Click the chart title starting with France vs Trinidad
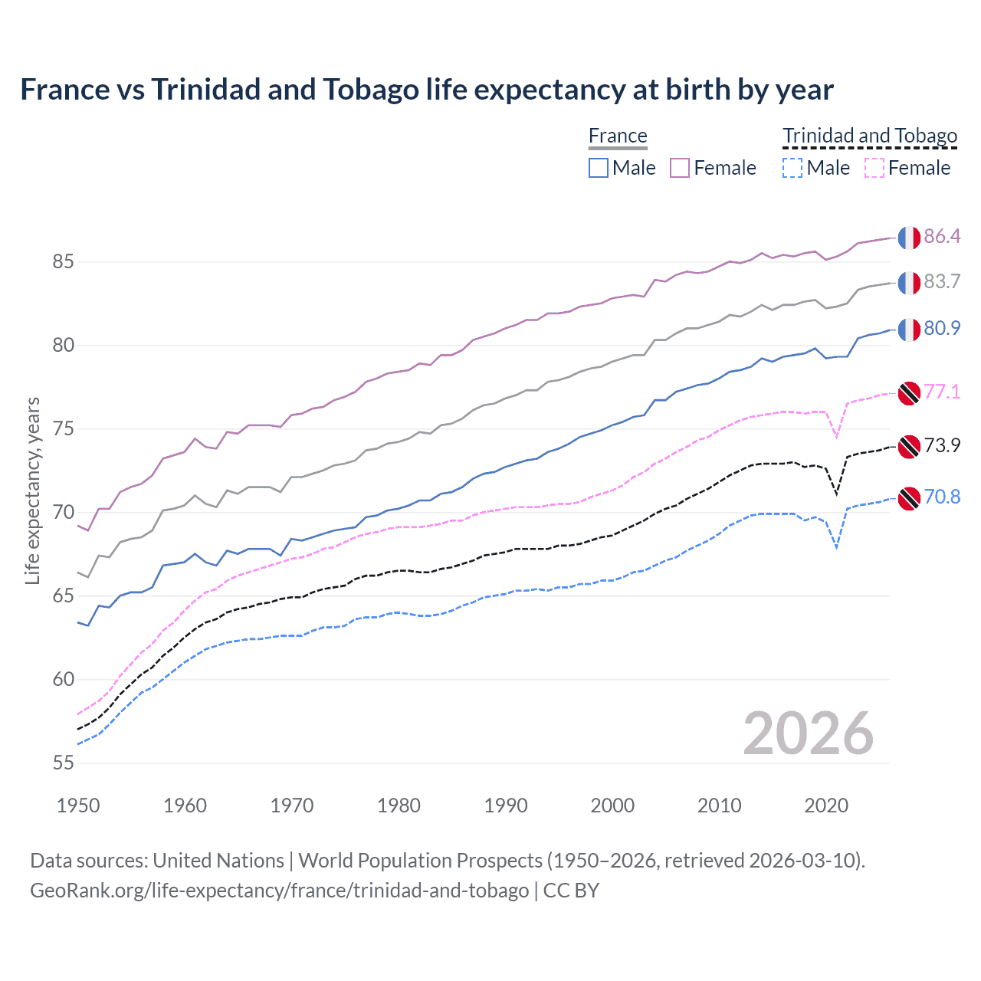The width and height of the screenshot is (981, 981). click(x=426, y=90)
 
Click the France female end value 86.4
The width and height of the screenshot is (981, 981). click(x=942, y=236)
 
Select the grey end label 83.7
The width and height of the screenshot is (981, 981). click(x=942, y=281)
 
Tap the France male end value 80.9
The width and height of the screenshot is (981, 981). click(x=942, y=328)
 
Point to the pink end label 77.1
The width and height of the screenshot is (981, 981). click(x=942, y=392)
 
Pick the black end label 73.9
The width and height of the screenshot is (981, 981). click(x=942, y=445)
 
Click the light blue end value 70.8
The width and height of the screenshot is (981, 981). click(x=942, y=497)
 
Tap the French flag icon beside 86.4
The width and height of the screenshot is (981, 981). click(x=909, y=238)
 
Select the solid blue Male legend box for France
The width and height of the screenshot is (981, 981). click(x=599, y=168)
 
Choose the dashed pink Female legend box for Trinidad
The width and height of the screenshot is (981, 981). click(x=874, y=168)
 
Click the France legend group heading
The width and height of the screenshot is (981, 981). click(x=618, y=136)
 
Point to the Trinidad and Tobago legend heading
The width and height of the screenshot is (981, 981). click(x=870, y=136)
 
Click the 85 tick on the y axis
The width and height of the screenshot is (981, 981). click(x=63, y=262)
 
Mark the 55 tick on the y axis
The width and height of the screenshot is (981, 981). click(x=63, y=763)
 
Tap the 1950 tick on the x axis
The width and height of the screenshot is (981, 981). click(x=78, y=805)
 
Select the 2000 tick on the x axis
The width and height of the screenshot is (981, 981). click(x=612, y=805)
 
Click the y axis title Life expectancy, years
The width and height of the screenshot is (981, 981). click(x=32, y=490)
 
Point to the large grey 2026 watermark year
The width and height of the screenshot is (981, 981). click(x=808, y=733)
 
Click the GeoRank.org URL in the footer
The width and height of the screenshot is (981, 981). click(x=279, y=891)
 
